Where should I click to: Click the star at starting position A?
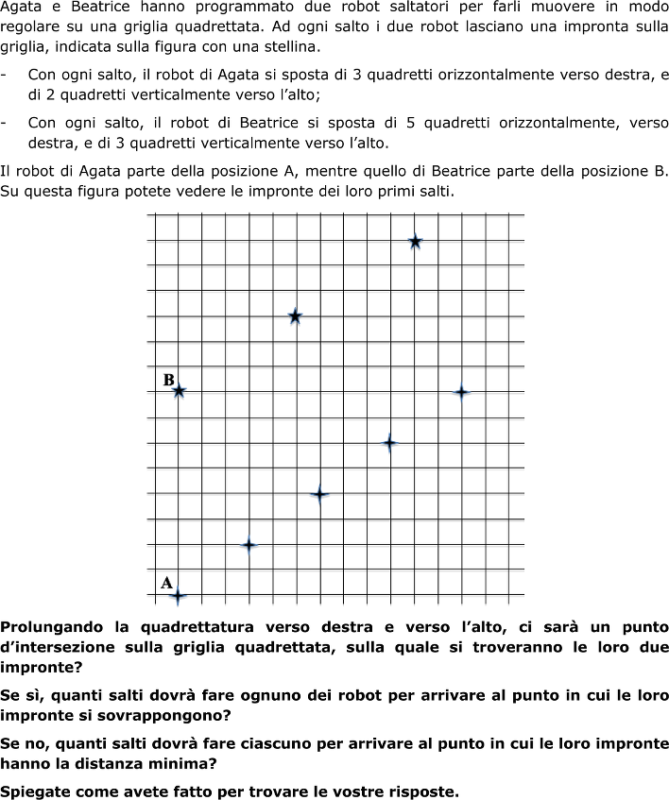(178, 595)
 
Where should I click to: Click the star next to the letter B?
(178, 390)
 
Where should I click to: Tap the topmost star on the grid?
(415, 242)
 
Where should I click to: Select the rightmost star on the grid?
(461, 392)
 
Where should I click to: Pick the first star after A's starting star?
(249, 545)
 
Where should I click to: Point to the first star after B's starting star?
(295, 316)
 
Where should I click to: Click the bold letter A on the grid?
(166, 583)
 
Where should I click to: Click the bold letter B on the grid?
(168, 380)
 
